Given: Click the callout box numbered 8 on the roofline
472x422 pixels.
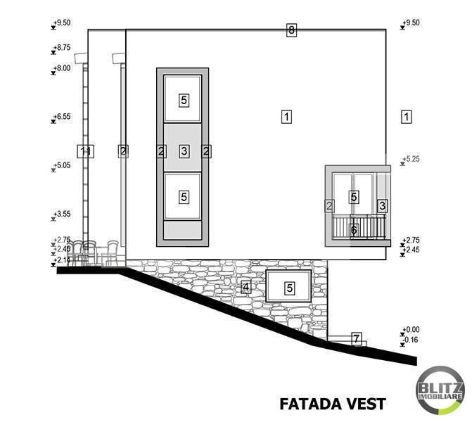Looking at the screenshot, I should coord(292,30).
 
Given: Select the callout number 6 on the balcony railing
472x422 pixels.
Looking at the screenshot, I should coord(354,229).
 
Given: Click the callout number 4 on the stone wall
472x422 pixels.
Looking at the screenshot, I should coord(245,286).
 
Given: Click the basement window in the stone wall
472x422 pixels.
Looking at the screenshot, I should coord(289,287).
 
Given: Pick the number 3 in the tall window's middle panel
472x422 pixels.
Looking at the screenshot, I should coord(184,151).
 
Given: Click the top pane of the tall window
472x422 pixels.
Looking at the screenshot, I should coord(183,100).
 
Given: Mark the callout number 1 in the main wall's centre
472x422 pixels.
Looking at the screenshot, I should coord(286,117).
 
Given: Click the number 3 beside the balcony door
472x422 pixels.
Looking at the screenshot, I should coord(382,205).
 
